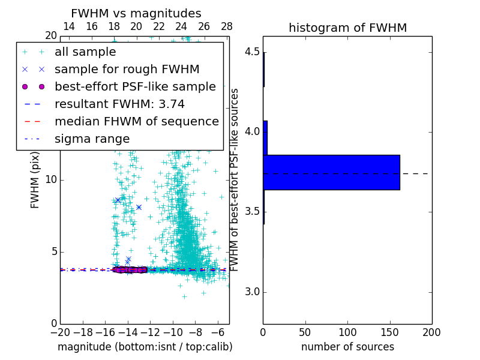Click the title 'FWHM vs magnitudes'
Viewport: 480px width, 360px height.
[x=136, y=14]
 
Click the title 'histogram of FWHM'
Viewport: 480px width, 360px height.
[x=347, y=28]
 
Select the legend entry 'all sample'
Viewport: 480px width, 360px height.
[x=85, y=52]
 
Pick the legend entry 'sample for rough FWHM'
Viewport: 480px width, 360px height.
[x=127, y=70]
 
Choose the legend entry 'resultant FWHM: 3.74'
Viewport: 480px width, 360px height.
[x=128, y=104]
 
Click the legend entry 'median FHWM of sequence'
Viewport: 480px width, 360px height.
[x=136, y=121]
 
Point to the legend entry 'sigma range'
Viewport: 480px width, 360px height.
[x=92, y=139]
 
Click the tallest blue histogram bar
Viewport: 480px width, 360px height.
[x=331, y=172]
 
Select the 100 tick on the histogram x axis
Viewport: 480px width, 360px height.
[x=347, y=332]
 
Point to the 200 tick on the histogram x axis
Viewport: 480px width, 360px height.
[x=431, y=332]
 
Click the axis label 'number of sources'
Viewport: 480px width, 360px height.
[x=347, y=347]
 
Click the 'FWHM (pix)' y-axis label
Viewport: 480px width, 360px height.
[x=35, y=180]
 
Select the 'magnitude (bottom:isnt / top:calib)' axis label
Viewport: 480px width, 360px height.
[x=145, y=347]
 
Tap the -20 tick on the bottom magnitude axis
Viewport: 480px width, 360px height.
[x=60, y=332]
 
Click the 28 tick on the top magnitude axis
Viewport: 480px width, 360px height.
[x=227, y=26]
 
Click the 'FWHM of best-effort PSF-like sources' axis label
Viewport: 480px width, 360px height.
[x=235, y=180]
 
